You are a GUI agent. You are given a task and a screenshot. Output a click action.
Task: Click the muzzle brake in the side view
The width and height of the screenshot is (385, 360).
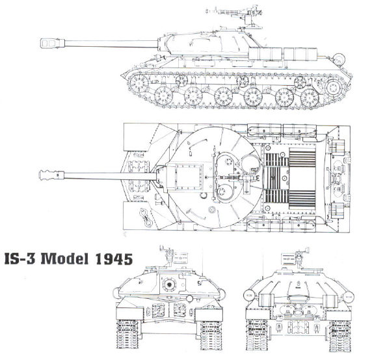tap(52, 44)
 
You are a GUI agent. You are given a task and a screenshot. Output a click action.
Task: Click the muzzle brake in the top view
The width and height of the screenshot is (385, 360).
tap(51, 175)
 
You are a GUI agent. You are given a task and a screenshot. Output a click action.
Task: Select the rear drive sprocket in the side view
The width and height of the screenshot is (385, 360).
tap(333, 87)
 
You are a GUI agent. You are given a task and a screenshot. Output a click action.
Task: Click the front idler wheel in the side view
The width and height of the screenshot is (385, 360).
tap(139, 83)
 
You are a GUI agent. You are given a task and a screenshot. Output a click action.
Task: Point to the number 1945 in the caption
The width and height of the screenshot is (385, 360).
tap(114, 259)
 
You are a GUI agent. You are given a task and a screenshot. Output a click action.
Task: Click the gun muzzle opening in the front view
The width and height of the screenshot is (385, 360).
tap(168, 285)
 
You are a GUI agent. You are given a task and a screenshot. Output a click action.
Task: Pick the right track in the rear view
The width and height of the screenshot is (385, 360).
tap(339, 335)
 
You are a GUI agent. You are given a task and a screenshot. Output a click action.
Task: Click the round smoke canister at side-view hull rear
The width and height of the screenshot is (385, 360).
tap(339, 59)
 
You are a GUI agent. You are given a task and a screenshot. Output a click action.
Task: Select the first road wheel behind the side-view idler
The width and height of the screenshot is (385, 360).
tap(163, 96)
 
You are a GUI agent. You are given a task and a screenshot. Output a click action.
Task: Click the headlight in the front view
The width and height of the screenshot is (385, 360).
tap(189, 298)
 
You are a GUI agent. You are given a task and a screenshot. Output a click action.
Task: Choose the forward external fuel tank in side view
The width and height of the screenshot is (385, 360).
tap(265, 54)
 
